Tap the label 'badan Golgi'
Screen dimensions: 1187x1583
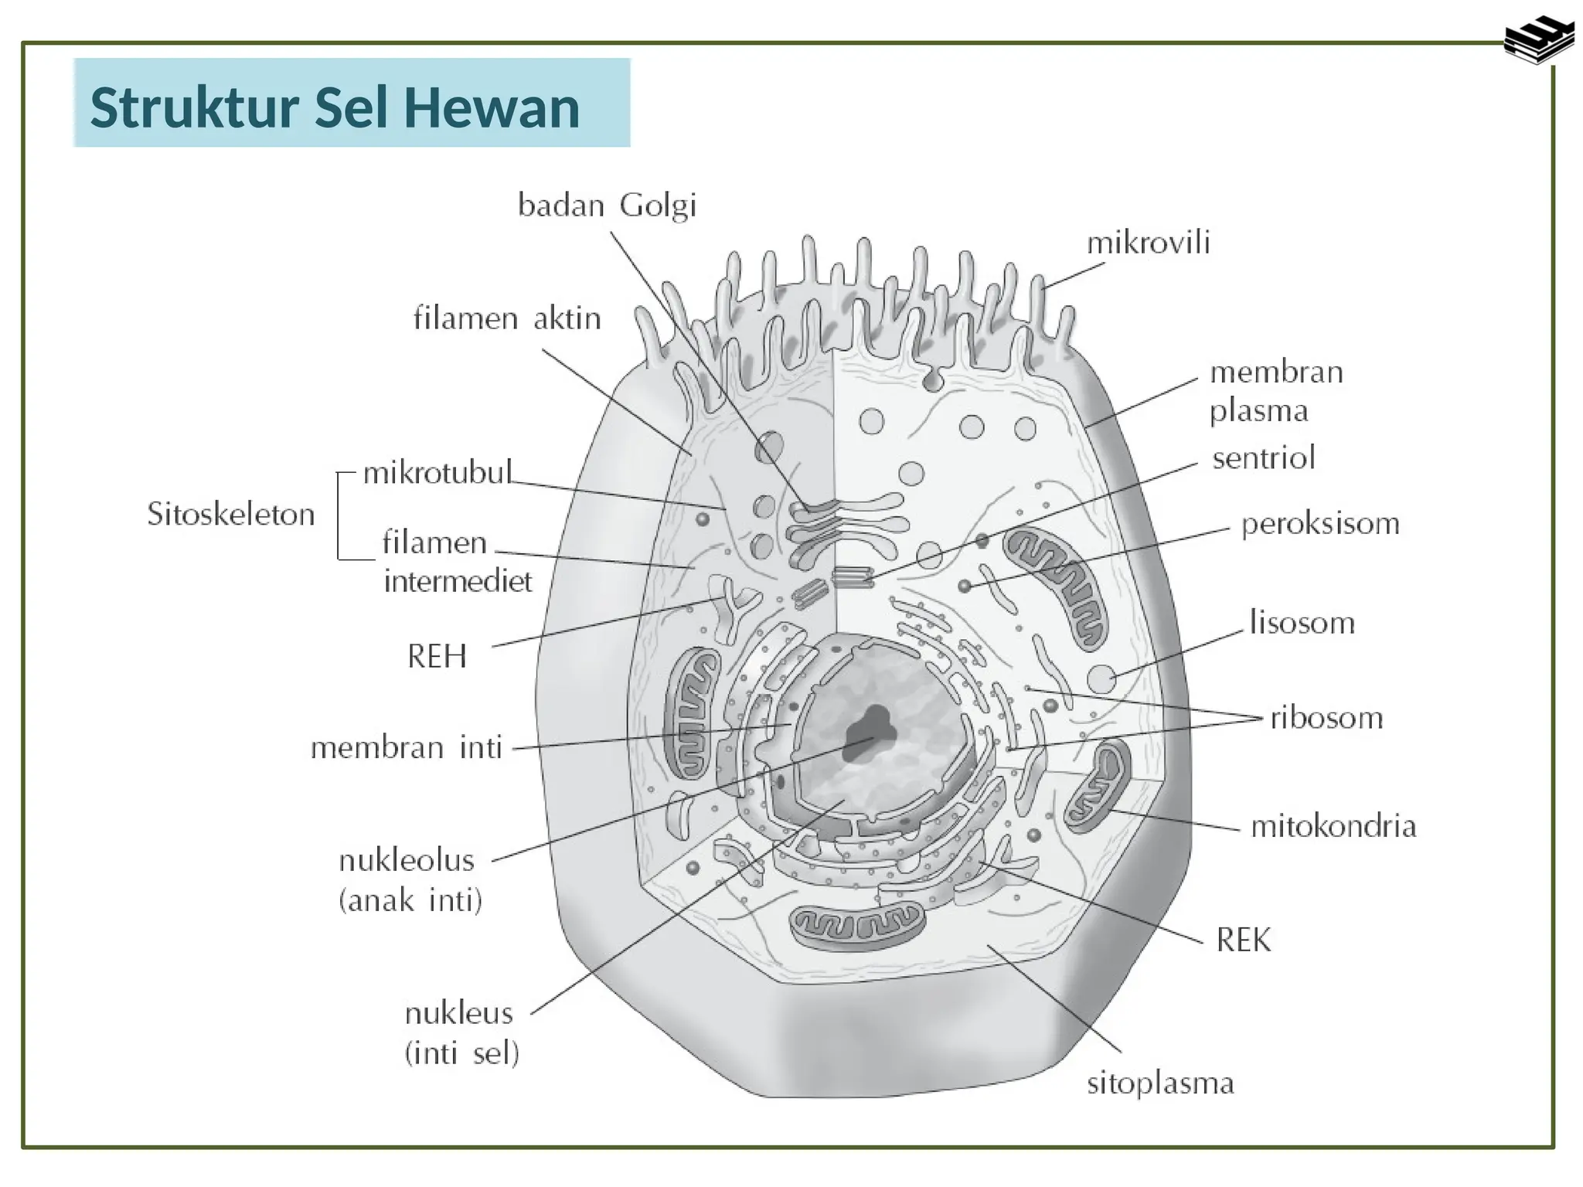click(607, 206)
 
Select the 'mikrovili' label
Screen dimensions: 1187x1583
click(1148, 244)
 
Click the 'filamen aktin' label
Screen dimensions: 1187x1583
click(507, 318)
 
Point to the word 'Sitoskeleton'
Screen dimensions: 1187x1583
click(231, 515)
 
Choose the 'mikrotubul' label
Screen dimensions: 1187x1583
click(437, 472)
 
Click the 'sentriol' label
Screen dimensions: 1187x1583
click(1263, 459)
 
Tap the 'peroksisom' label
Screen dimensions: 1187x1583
click(1319, 525)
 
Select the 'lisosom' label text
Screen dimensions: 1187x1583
click(1302, 623)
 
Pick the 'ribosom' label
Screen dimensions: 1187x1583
click(1326, 719)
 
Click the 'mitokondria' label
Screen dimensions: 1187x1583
click(1333, 827)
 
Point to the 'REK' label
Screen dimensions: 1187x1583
click(1243, 940)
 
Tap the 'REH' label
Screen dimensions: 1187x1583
click(437, 657)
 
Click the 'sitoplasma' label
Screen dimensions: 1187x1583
click(1160, 1083)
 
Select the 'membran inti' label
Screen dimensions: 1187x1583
click(407, 748)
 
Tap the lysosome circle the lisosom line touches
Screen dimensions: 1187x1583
click(1101, 679)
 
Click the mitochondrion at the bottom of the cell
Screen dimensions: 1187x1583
click(856, 923)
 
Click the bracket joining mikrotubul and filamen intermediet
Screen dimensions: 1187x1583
click(339, 515)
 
